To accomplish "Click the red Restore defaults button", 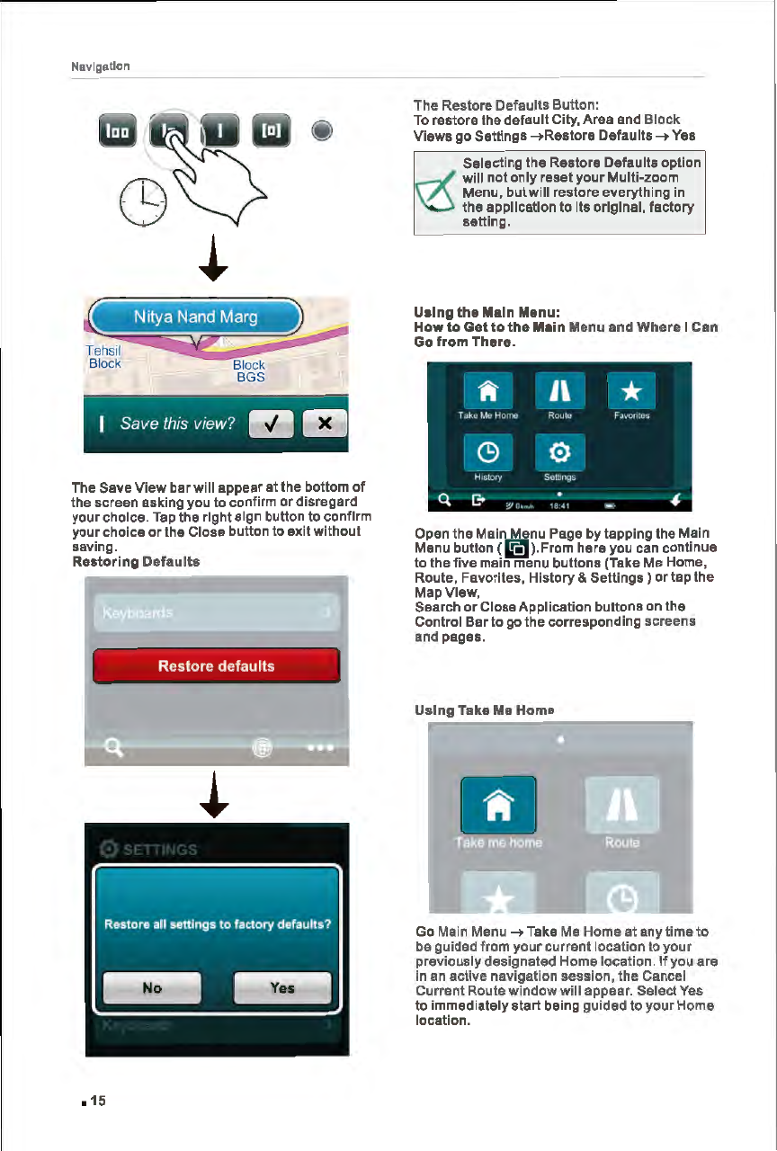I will pos(216,666).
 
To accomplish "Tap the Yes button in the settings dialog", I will pos(281,987).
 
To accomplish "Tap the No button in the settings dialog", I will pos(151,987).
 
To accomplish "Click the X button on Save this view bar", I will pos(325,424).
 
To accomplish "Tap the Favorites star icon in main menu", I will pos(630,392).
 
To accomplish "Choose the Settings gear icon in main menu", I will pos(559,452).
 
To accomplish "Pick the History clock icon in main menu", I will pos(487,452).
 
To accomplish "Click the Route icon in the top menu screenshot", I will pos(559,392).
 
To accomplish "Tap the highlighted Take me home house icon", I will pos(498,805).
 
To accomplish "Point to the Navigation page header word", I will pos(101,67).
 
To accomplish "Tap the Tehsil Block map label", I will pos(104,357).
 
